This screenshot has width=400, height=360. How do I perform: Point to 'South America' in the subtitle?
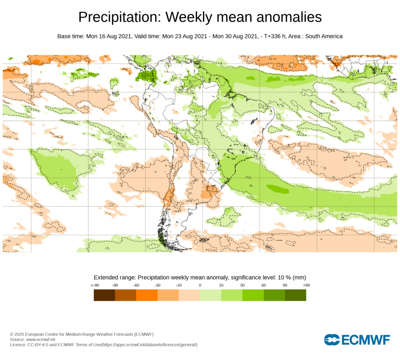coord(323,36)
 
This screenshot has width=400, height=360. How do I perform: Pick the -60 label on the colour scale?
coord(136,285)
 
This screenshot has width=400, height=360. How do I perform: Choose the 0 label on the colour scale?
coord(200,285)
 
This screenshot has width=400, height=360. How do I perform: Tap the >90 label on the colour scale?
coord(306,285)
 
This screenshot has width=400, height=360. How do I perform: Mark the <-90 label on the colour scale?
coord(94,285)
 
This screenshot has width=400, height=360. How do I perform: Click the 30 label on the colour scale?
coord(242,285)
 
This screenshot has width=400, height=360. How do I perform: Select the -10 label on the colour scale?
coord(179,285)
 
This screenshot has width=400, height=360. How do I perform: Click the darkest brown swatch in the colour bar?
coord(104,295)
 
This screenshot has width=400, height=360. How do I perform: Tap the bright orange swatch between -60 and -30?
coord(147,295)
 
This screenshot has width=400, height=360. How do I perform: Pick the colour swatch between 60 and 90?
coord(274,295)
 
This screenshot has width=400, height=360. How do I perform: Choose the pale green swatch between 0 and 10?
coord(211,295)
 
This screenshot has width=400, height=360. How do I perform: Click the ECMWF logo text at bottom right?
coord(366,340)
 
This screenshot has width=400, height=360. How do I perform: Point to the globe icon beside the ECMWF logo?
coord(331,340)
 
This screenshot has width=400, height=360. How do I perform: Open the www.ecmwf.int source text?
coord(41,340)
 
